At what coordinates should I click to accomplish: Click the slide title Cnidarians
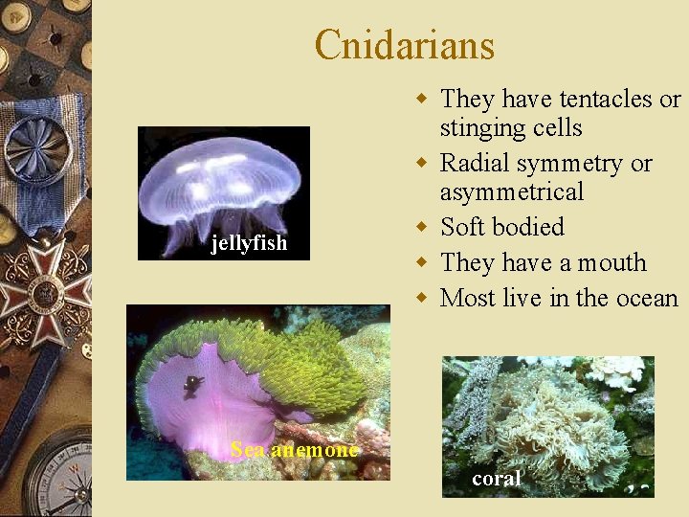click(x=404, y=45)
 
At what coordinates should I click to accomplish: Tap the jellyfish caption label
click(x=249, y=243)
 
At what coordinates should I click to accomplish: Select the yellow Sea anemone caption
click(x=295, y=449)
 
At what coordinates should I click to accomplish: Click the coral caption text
click(x=497, y=479)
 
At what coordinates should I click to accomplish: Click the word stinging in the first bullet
click(x=484, y=128)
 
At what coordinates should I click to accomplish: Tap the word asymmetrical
click(x=511, y=192)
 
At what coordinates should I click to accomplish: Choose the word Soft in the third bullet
click(x=463, y=228)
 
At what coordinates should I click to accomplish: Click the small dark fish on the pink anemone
click(x=194, y=384)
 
